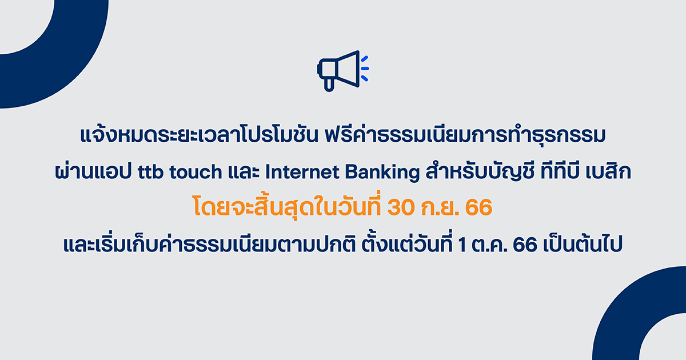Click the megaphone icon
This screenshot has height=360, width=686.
(x=338, y=70)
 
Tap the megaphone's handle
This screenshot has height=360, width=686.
(x=328, y=84)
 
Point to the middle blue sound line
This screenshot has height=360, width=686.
(x=365, y=68)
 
